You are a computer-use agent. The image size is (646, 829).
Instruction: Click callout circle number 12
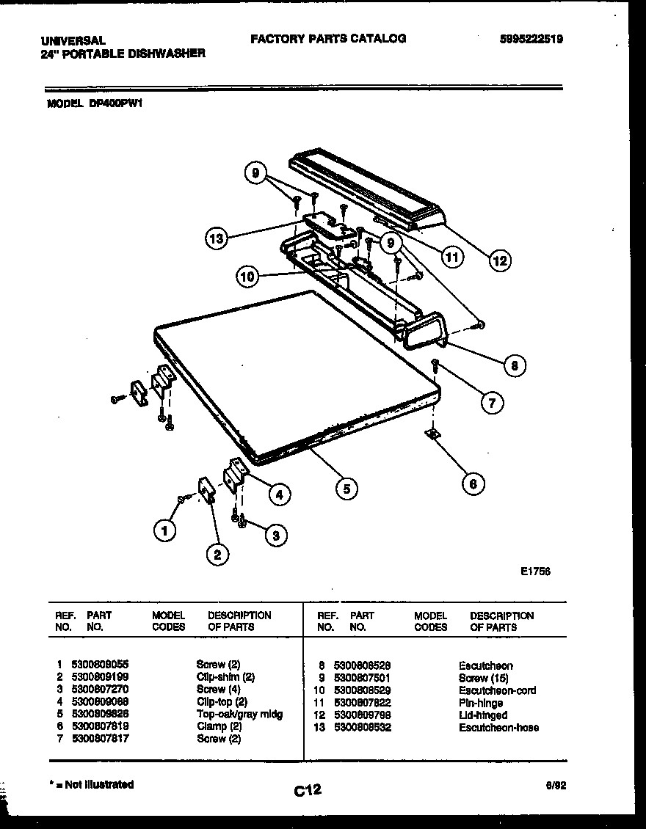click(x=501, y=260)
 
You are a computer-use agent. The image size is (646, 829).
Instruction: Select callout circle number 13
click(x=216, y=238)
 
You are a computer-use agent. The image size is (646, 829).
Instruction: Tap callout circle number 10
click(x=247, y=277)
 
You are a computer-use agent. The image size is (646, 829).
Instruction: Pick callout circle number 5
click(x=346, y=488)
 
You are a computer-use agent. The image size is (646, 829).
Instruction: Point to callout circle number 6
click(x=473, y=483)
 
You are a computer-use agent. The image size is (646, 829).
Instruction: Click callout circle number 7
click(x=493, y=401)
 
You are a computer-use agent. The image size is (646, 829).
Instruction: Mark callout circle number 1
click(x=165, y=530)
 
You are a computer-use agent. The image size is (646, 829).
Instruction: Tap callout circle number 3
click(x=275, y=536)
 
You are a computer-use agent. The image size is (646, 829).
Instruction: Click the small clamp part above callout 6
click(x=433, y=436)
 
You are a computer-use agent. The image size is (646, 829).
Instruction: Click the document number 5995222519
click(x=531, y=40)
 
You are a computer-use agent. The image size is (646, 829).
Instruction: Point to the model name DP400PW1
click(x=115, y=104)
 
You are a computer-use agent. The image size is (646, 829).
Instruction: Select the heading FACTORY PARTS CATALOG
click(x=328, y=39)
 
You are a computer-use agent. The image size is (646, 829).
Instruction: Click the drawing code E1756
click(x=536, y=571)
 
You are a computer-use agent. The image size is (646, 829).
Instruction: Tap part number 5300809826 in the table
click(x=100, y=714)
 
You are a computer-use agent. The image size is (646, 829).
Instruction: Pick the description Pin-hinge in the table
click(x=481, y=703)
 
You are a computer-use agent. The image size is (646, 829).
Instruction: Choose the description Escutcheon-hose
click(x=498, y=728)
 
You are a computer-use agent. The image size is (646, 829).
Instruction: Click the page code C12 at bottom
click(x=308, y=789)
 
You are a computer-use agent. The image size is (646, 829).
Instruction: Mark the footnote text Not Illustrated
click(x=92, y=784)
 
